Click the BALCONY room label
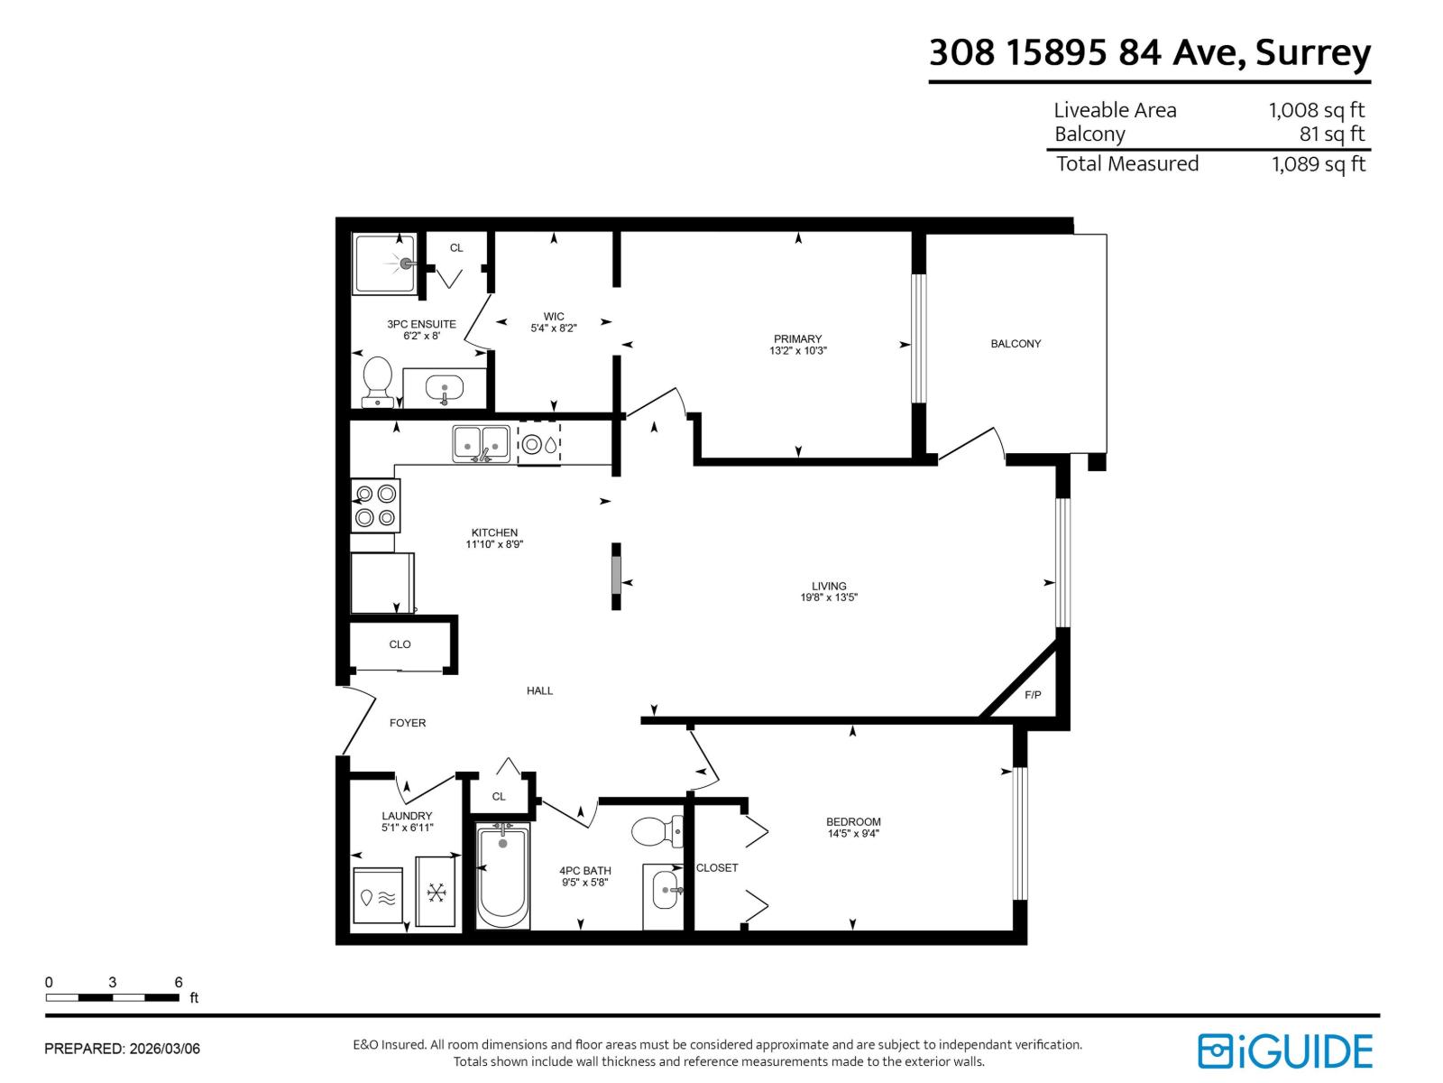[x=1016, y=344]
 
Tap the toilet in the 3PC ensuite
[x=377, y=379]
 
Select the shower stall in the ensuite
[x=385, y=264]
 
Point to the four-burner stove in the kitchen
[x=375, y=505]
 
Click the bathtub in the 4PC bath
[x=502, y=875]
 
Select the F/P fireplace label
[x=1033, y=695]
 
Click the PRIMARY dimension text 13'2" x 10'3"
[x=797, y=351]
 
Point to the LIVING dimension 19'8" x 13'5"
[x=828, y=597]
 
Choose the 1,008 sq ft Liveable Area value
[x=1316, y=110]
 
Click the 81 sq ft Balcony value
[x=1331, y=134]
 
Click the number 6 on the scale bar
[x=179, y=983]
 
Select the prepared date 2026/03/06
[x=164, y=1049]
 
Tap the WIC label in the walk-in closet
[x=554, y=317]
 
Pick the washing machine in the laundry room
[x=378, y=896]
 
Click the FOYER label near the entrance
[x=408, y=723]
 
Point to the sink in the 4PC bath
[x=666, y=891]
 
